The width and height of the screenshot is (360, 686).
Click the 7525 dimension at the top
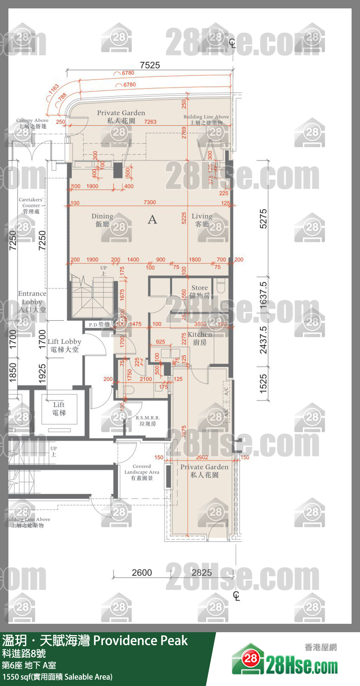click(x=150, y=65)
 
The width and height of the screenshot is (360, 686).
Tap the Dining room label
click(x=102, y=220)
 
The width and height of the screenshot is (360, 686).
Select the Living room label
click(x=202, y=220)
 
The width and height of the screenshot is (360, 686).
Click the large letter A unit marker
click(x=152, y=219)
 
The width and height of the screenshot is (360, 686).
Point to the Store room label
click(x=200, y=291)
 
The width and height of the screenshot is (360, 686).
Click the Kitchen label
click(x=200, y=338)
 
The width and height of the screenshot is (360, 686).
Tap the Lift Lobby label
click(x=64, y=345)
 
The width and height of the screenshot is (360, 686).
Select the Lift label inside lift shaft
click(x=59, y=408)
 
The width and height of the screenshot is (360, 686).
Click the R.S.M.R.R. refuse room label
click(x=147, y=421)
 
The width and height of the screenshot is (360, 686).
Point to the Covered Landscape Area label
click(x=142, y=472)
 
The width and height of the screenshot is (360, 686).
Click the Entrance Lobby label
click(x=32, y=301)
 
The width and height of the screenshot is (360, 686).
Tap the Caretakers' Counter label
click(x=31, y=205)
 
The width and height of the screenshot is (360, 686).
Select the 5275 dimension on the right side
click(x=263, y=219)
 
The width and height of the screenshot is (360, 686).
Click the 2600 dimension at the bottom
click(x=142, y=573)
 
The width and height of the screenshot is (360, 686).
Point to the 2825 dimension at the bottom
click(x=202, y=573)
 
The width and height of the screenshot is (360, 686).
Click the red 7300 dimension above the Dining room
click(x=150, y=202)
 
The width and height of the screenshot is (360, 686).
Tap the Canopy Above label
click(x=32, y=123)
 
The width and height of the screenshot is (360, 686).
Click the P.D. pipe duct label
click(x=99, y=325)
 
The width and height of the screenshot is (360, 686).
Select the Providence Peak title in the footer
click(x=140, y=641)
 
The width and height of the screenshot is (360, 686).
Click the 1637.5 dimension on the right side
click(x=263, y=296)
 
